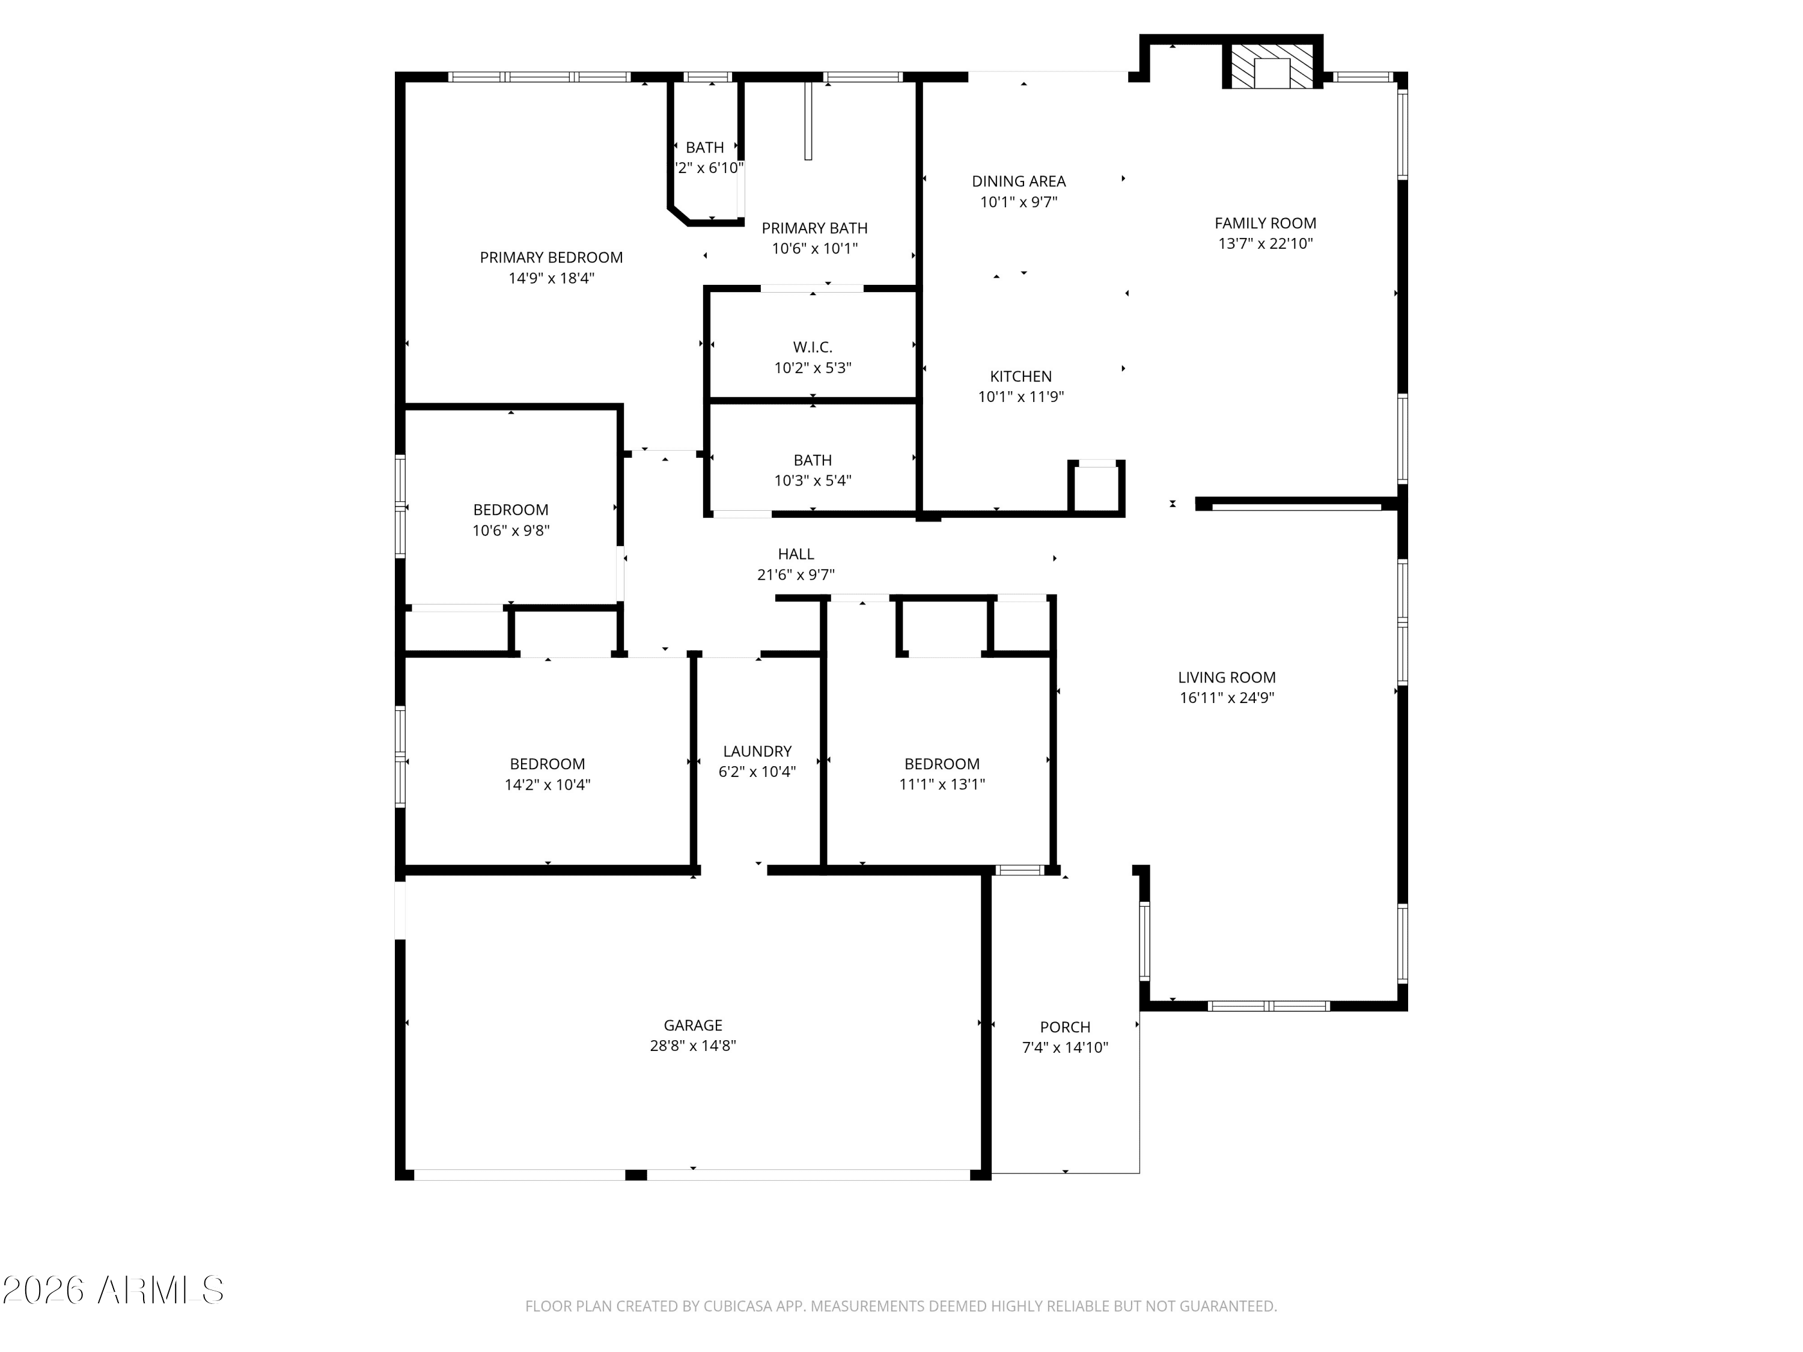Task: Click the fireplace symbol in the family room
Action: pyautogui.click(x=1272, y=65)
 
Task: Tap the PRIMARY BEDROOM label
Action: pyautogui.click(x=551, y=258)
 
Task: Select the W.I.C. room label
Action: pyautogui.click(x=813, y=347)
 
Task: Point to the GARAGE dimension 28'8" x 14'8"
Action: pyautogui.click(x=693, y=1046)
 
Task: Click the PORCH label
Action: pyautogui.click(x=1066, y=1027)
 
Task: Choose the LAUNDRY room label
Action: pyautogui.click(x=757, y=751)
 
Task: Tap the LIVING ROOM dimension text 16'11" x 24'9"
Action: pyautogui.click(x=1227, y=698)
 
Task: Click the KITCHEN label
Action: pyautogui.click(x=1020, y=377)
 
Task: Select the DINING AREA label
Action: pyautogui.click(x=1019, y=181)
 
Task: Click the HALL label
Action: pyautogui.click(x=796, y=554)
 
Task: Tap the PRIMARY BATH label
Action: pyautogui.click(x=814, y=228)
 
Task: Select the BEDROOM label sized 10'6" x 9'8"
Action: pyautogui.click(x=510, y=510)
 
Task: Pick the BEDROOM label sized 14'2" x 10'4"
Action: pyautogui.click(x=547, y=764)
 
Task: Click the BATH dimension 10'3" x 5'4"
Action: pyautogui.click(x=813, y=481)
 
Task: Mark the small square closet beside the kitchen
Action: pyautogui.click(x=1097, y=487)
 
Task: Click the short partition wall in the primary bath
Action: pyautogui.click(x=808, y=121)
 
